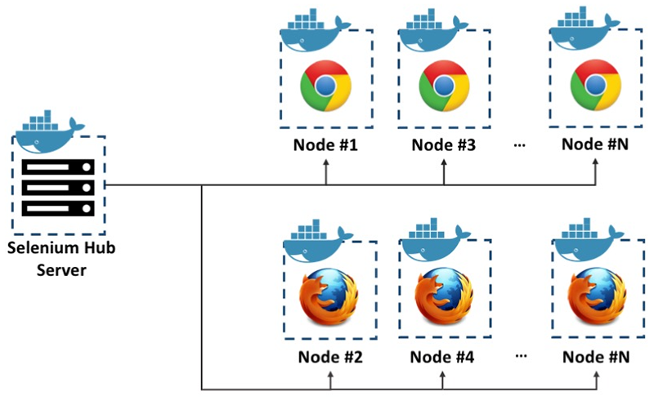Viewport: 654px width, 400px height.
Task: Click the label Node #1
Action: (326, 147)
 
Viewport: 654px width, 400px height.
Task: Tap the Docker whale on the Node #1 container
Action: (315, 33)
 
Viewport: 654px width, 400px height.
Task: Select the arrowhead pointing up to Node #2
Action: (330, 375)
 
